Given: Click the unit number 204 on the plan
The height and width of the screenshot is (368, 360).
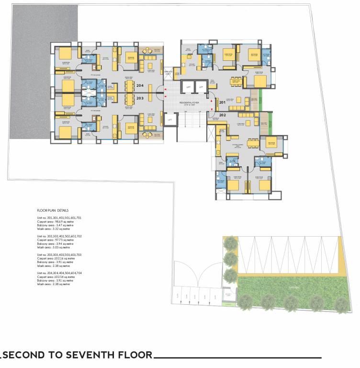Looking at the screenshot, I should pyautogui.click(x=140, y=85).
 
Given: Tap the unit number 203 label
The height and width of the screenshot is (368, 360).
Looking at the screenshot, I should pyautogui.click(x=140, y=98).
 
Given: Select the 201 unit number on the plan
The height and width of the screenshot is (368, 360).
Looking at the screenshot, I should pyautogui.click(x=222, y=102).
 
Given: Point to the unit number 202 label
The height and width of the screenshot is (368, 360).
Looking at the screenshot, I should pyautogui.click(x=222, y=115).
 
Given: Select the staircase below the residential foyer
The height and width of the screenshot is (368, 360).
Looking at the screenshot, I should pyautogui.click(x=191, y=127).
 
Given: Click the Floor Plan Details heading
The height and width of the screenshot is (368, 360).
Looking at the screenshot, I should pyautogui.click(x=53, y=210).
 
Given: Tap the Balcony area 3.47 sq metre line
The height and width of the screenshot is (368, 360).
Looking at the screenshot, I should pyautogui.click(x=55, y=225).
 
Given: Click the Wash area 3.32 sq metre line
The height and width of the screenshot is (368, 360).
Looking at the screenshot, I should pyautogui.click(x=54, y=229).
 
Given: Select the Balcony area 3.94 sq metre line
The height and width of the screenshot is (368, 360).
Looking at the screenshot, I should pyautogui.click(x=55, y=243).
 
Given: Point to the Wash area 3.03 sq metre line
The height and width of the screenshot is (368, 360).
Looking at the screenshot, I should pyautogui.click(x=54, y=247).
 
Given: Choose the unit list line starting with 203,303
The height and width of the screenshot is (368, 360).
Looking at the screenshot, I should pyautogui.click(x=59, y=254).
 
